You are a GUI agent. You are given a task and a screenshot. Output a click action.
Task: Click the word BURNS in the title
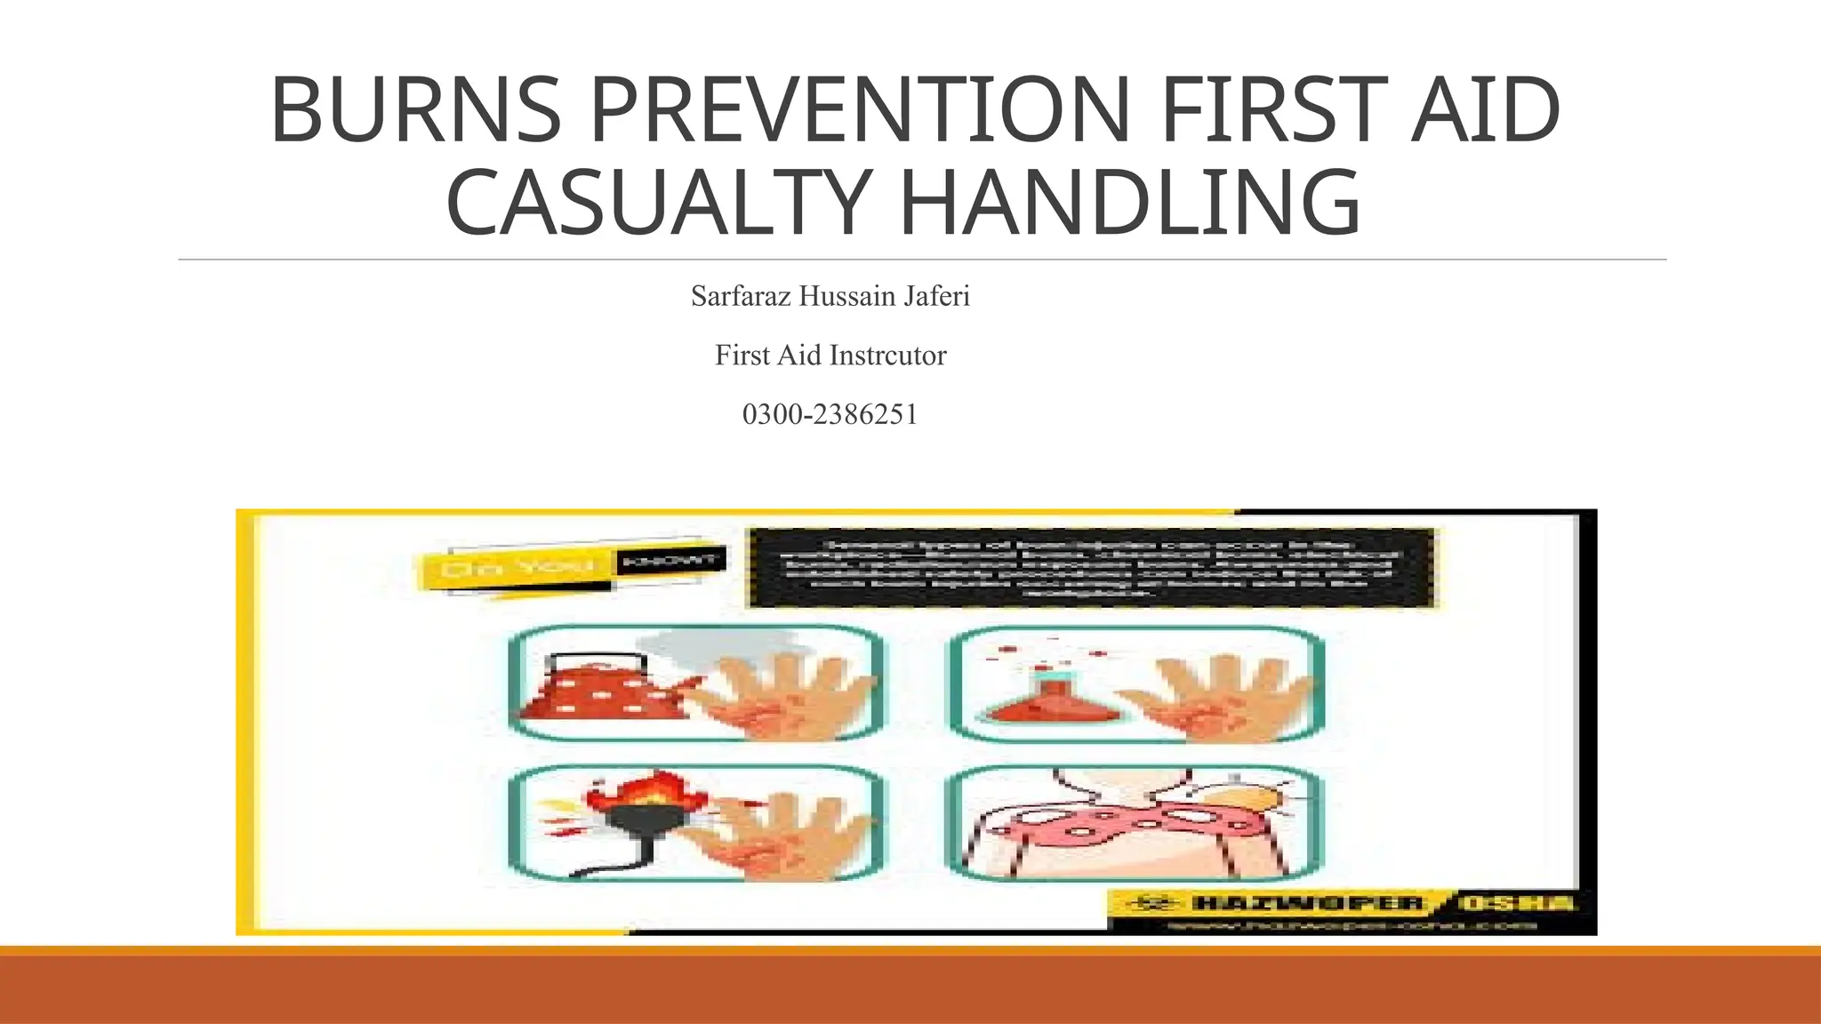click(x=415, y=110)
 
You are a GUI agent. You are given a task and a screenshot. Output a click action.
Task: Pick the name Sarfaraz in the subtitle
click(x=742, y=296)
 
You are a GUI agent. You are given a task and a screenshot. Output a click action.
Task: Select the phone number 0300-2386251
click(x=830, y=414)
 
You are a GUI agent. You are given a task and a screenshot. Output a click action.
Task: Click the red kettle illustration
click(x=605, y=687)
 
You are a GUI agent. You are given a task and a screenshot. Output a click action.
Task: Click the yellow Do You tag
click(x=516, y=567)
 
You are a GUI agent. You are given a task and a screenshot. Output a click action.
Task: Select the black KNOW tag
click(x=671, y=561)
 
